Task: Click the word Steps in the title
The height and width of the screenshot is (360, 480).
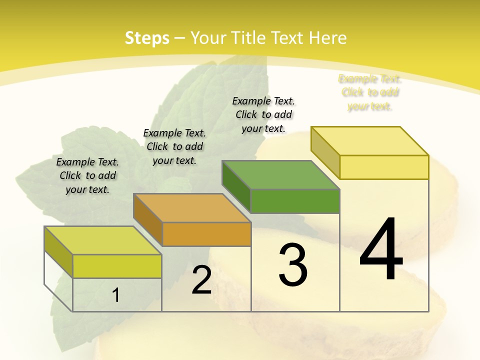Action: pos(147,38)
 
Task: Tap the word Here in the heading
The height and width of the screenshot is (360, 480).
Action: pos(327,38)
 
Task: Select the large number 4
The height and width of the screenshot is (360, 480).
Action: pos(381,249)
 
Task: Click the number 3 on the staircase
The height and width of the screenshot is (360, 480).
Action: pos(292,265)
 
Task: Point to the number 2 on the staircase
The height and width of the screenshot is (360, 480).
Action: pos(201,280)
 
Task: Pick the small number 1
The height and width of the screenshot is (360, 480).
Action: pos(115,295)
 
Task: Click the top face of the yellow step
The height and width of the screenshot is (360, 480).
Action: pos(370,141)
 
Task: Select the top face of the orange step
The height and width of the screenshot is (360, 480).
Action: pos(192,208)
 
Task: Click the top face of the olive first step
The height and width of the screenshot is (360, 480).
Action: pos(103,240)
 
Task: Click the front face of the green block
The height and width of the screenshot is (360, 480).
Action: pos(295,201)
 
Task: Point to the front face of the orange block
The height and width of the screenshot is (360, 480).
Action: pos(206,234)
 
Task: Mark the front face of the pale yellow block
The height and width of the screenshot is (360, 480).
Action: pos(384,167)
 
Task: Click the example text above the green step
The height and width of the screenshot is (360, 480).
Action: pos(263,114)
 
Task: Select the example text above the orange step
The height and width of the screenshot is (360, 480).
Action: pos(174,146)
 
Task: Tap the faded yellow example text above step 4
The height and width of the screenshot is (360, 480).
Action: pos(370,92)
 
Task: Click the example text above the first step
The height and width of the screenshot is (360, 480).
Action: pos(87,175)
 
